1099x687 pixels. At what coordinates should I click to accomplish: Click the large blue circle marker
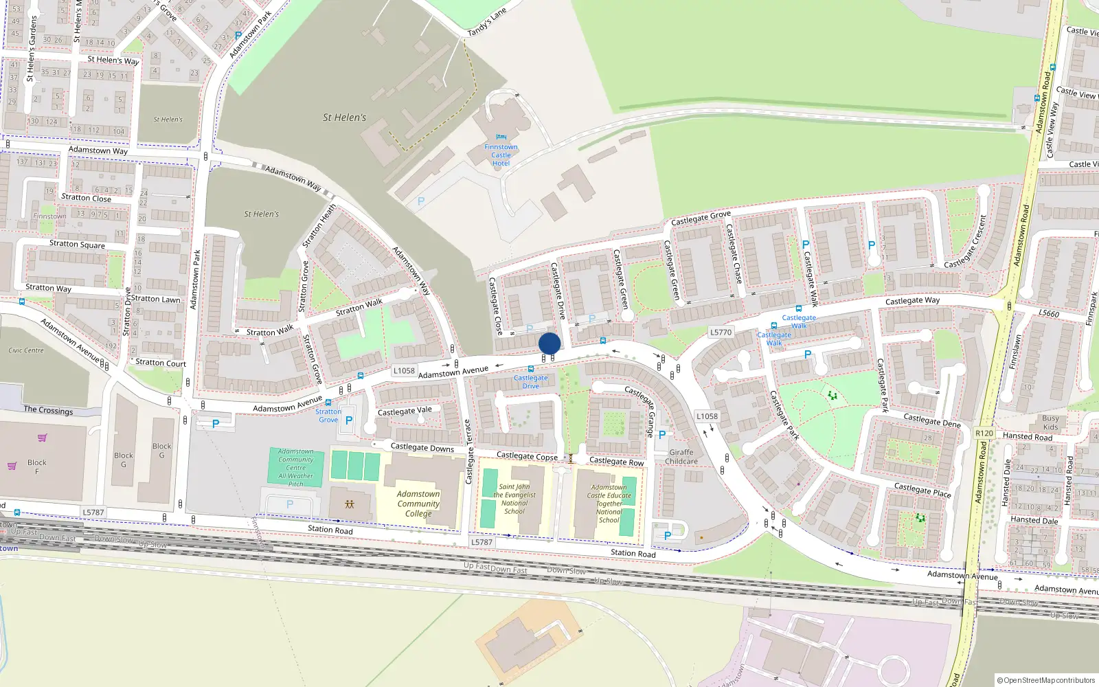pos(549,343)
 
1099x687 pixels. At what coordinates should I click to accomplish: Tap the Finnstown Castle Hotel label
pos(501,155)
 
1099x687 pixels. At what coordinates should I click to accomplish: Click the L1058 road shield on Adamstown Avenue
pos(404,370)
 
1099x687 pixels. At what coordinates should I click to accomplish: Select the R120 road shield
pos(984,433)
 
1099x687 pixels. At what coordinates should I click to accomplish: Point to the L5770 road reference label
pos(721,332)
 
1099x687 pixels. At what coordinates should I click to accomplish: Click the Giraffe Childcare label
pos(681,457)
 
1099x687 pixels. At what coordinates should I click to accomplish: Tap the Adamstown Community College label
pos(418,504)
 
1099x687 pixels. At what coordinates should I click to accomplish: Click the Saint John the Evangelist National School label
pos(514,499)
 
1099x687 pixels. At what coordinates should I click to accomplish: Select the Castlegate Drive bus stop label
pos(531,381)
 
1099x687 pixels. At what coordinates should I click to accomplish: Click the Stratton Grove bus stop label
pos(328,416)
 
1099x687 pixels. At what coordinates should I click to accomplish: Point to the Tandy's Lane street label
pos(486,23)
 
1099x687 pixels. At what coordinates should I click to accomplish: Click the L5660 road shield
pos(1049,313)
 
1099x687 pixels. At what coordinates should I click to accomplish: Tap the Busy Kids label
pos(1050,423)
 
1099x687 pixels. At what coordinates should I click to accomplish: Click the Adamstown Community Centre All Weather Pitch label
pos(296,467)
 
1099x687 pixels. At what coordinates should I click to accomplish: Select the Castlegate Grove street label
pos(701,218)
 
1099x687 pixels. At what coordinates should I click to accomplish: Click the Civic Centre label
pos(26,350)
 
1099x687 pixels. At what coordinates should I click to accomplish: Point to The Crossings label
pos(48,410)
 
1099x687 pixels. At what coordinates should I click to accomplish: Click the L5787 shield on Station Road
pos(481,542)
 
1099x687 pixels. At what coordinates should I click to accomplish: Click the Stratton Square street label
pos(77,244)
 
